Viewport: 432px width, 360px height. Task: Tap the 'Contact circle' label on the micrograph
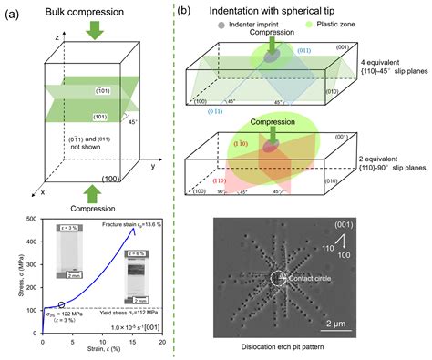click(313, 277)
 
